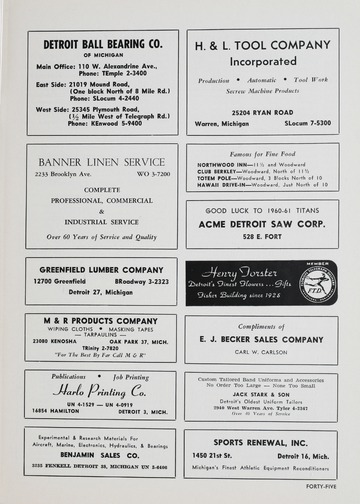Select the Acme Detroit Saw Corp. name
tap(262, 224)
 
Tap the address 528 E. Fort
tap(262, 236)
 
